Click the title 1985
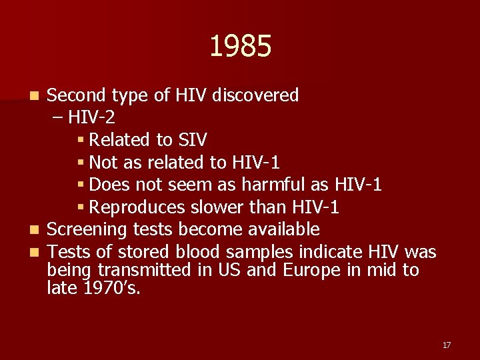tap(240, 47)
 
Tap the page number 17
tap(446, 345)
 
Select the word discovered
tap(255, 95)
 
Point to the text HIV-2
tap(91, 118)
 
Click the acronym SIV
tap(192, 140)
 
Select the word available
tap(284, 230)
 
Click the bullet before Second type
tap(39, 96)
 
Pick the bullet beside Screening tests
tap(39, 231)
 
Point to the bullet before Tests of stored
tap(39, 253)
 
